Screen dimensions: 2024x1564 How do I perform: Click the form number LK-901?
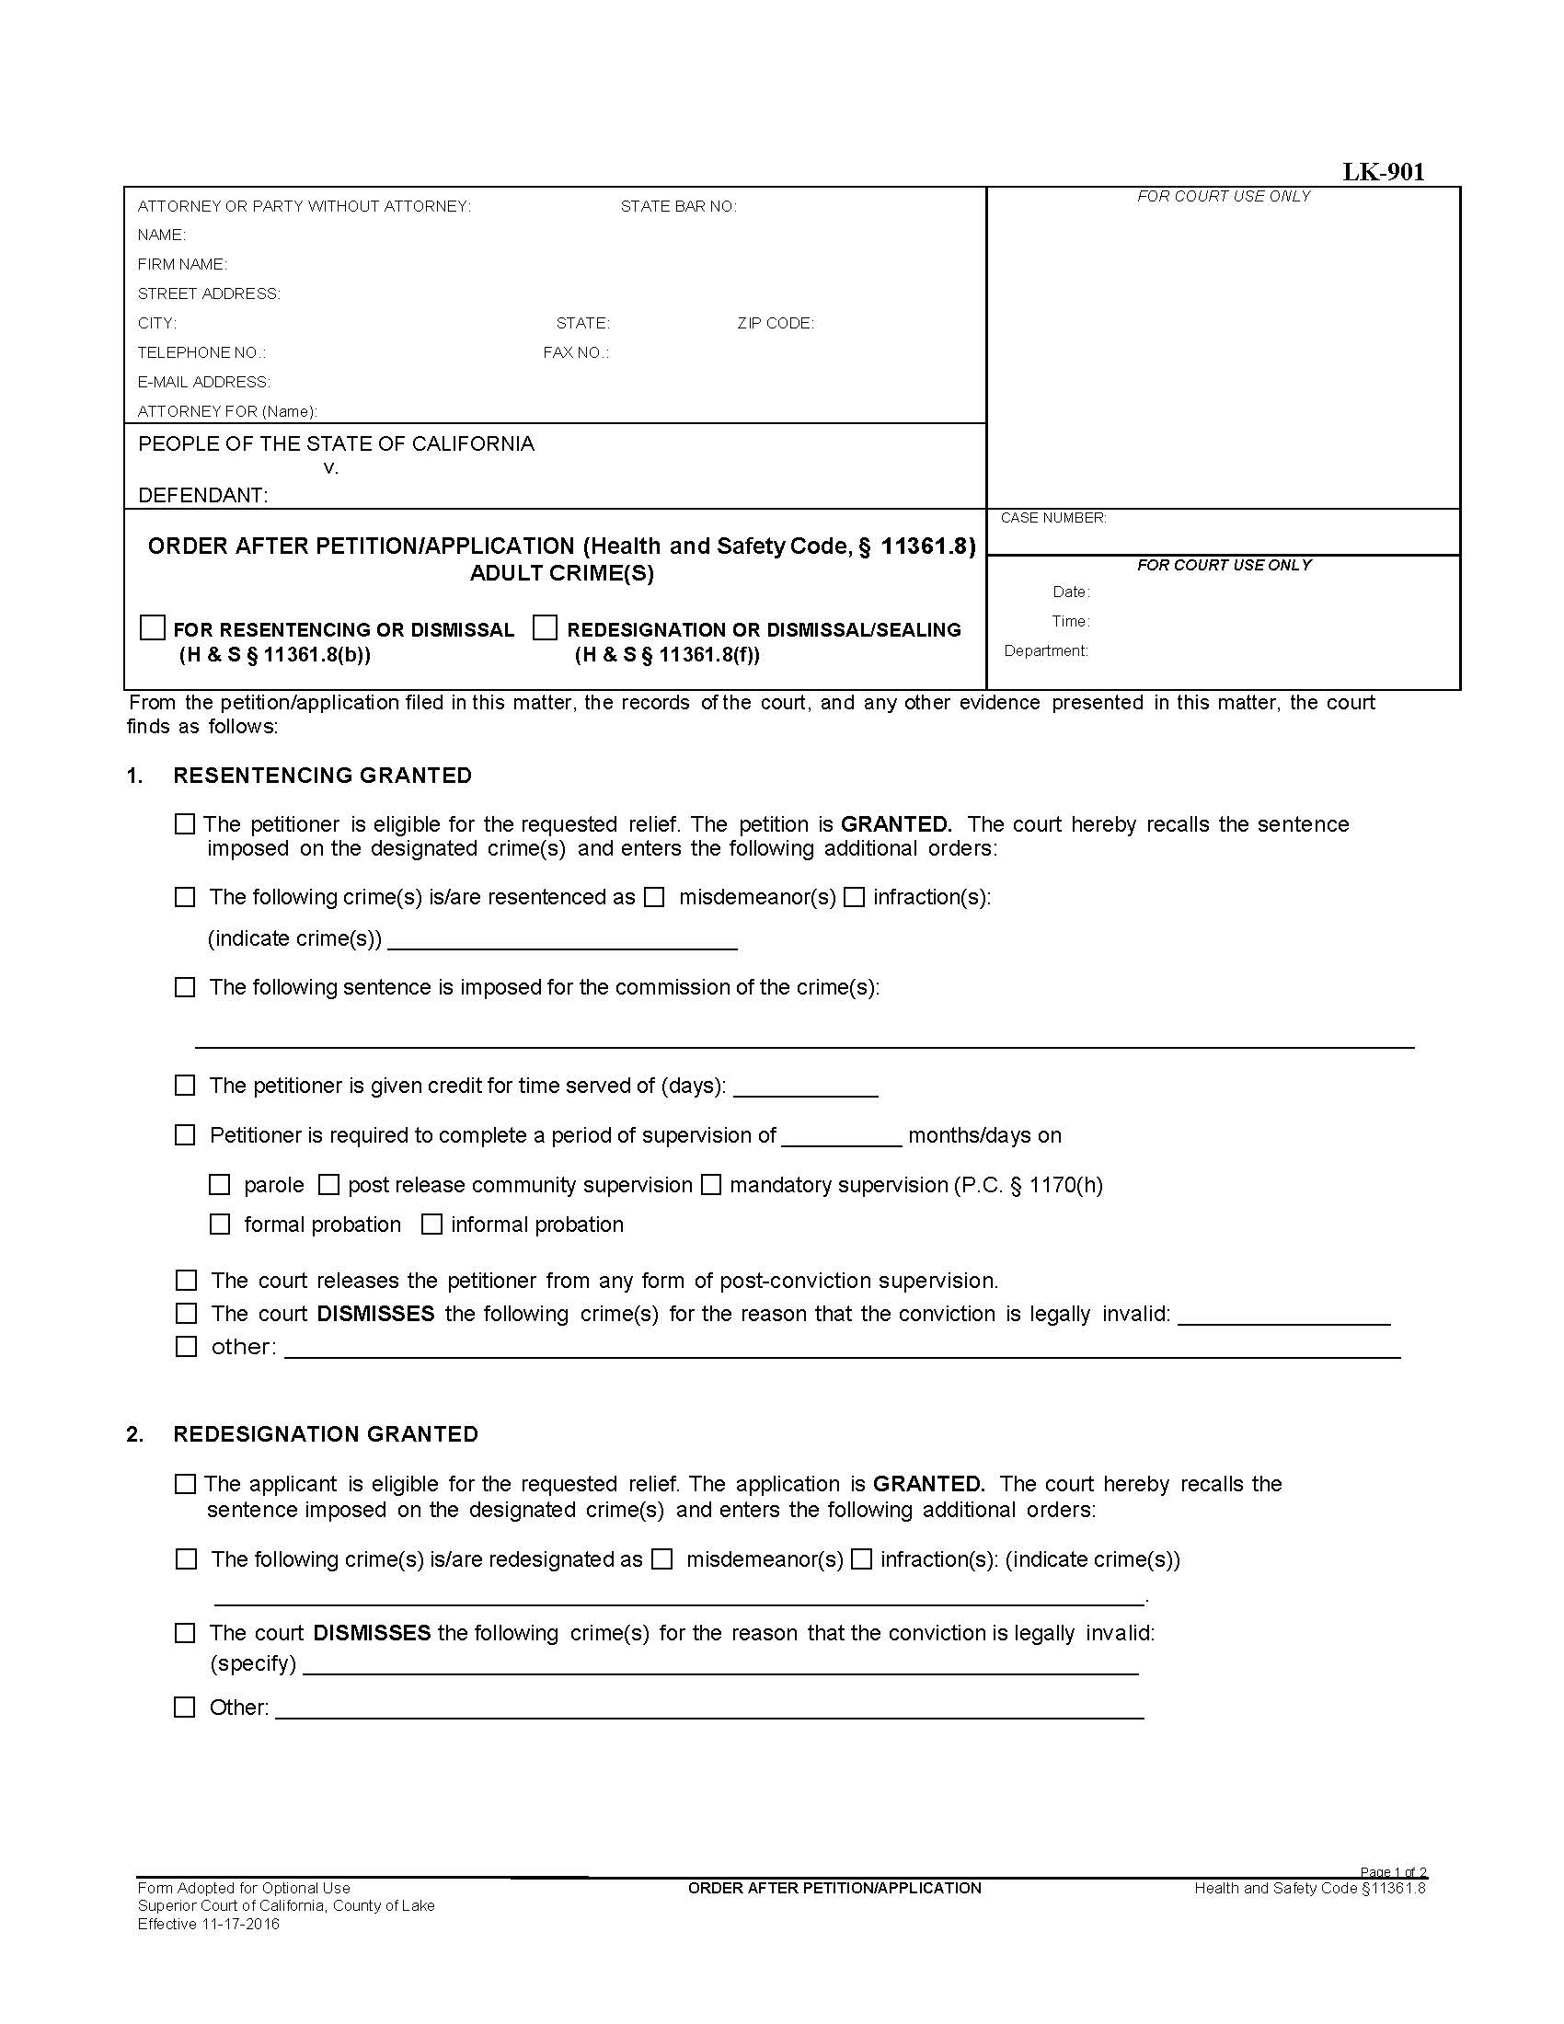pyautogui.click(x=1384, y=172)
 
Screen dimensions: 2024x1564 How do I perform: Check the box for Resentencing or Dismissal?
pyautogui.click(x=153, y=627)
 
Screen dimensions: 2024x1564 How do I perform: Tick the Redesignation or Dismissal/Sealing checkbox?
pyautogui.click(x=546, y=627)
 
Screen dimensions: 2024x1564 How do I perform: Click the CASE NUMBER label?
pyautogui.click(x=1053, y=518)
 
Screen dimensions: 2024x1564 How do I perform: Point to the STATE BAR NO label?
pyautogui.click(x=678, y=207)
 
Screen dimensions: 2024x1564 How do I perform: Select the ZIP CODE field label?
pyautogui.click(x=776, y=324)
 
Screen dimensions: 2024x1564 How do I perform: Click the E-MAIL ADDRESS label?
pyautogui.click(x=204, y=382)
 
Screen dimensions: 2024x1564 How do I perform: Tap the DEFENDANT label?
pyautogui.click(x=203, y=496)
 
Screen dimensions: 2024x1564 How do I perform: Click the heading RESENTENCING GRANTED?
pyautogui.click(x=322, y=776)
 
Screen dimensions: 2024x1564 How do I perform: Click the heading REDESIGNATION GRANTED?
pyautogui.click(x=325, y=1434)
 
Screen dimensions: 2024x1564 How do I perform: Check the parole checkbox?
pyautogui.click(x=220, y=1184)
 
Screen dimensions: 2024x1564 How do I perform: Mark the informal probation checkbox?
pyautogui.click(x=431, y=1225)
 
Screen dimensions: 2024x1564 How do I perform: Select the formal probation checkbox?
pyautogui.click(x=220, y=1225)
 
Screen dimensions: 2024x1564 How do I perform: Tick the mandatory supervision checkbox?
pyautogui.click(x=710, y=1184)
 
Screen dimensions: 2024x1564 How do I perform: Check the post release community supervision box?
pyautogui.click(x=329, y=1184)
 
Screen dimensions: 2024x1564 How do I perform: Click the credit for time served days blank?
pyautogui.click(x=805, y=1087)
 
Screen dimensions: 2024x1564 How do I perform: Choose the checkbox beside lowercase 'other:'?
pyautogui.click(x=186, y=1347)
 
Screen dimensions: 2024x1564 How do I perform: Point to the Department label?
pyautogui.click(x=1046, y=651)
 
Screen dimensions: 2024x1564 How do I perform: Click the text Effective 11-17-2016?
pyautogui.click(x=209, y=1924)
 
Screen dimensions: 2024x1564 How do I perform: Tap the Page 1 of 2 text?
pyautogui.click(x=1393, y=1873)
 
